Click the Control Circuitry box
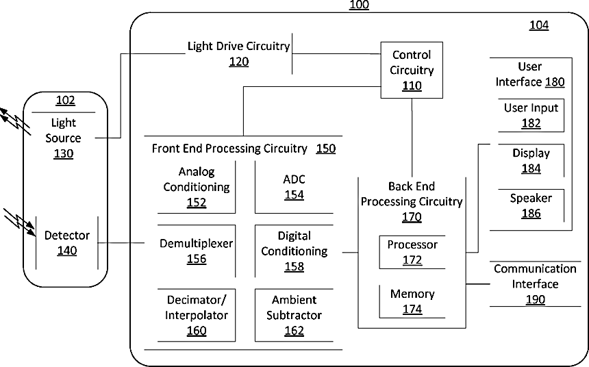(412, 69)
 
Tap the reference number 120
(238, 62)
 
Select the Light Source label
(63, 130)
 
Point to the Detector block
(66, 243)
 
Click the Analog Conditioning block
(196, 186)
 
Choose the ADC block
(294, 187)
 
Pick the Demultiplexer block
(196, 251)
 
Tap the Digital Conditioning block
(294, 251)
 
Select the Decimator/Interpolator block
(196, 315)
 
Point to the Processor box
(412, 252)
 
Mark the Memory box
(412, 301)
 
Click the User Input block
(531, 115)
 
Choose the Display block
(531, 160)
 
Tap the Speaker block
(531, 205)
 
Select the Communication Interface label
(535, 277)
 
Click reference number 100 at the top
(359, 5)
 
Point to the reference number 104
(538, 25)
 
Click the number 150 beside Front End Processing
(326, 148)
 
